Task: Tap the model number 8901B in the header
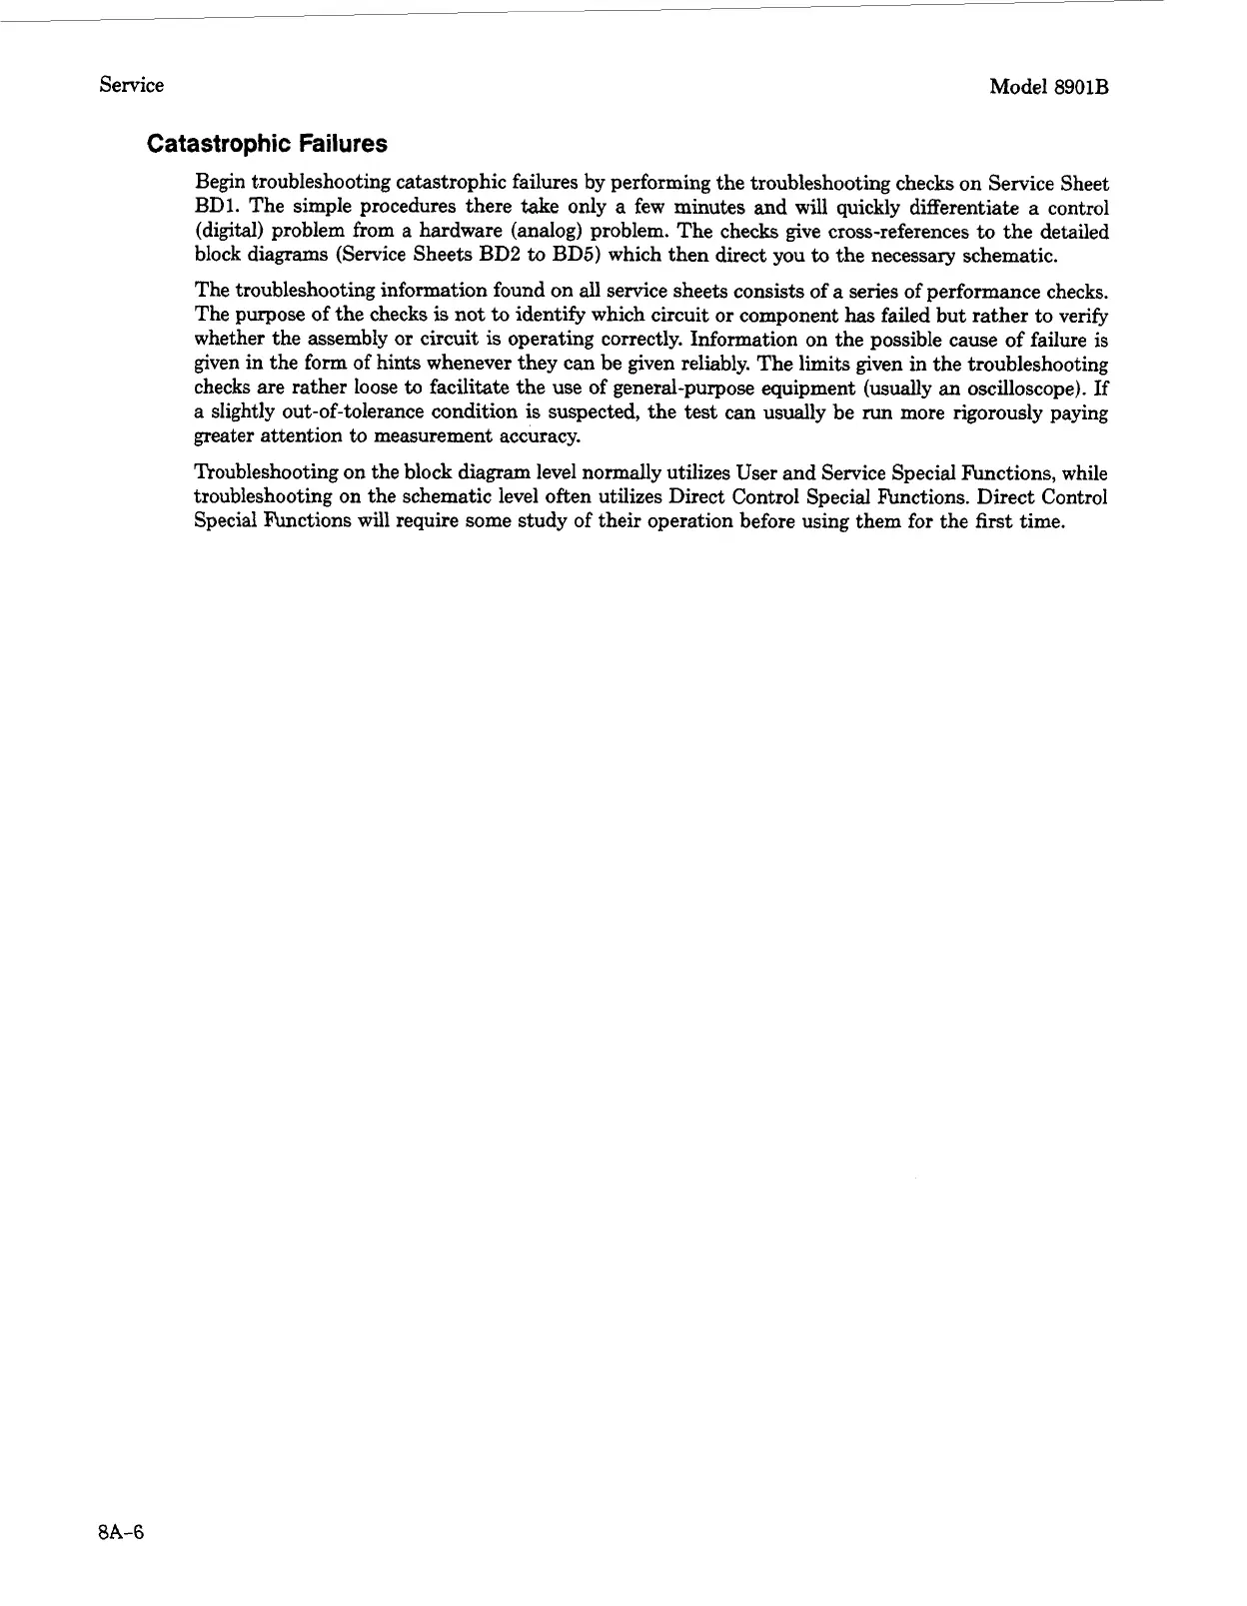pyautogui.click(x=1078, y=87)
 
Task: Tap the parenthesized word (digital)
pyautogui.click(x=228, y=232)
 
